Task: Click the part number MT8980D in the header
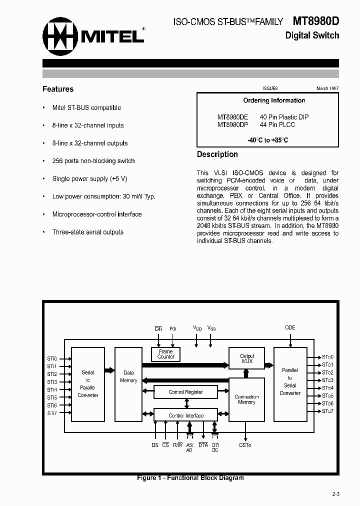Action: coord(315,21)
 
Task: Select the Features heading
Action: coord(58,89)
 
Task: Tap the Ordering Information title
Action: coord(274,100)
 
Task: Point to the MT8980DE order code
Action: coord(232,117)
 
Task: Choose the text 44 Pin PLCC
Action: coord(277,124)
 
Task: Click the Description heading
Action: coord(217,154)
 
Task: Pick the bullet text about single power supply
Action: coord(90,178)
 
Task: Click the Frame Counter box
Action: coord(166,354)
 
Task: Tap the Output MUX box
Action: coord(247,358)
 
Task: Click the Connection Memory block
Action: coord(246,399)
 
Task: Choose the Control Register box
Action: coord(185,392)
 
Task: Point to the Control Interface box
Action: coord(185,415)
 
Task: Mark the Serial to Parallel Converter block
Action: coord(87,384)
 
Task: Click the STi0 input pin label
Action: coord(52,358)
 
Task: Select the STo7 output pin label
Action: coord(327,411)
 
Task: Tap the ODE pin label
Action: coord(290,327)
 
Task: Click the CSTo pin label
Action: coord(245,444)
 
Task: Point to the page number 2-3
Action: coord(335,494)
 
